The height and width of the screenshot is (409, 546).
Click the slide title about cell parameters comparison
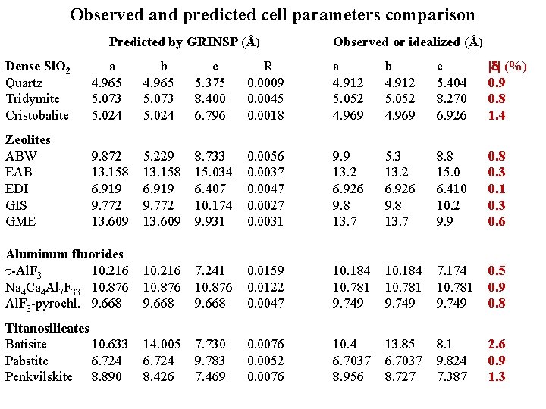click(272, 14)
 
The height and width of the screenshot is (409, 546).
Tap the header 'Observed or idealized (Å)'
click(408, 42)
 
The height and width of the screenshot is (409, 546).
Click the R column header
click(267, 66)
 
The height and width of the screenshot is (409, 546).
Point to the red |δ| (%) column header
click(507, 66)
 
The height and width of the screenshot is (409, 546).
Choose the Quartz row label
click(24, 83)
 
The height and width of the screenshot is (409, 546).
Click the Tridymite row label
click(32, 98)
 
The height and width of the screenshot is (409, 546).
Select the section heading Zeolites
click(28, 139)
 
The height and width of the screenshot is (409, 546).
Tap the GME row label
click(20, 221)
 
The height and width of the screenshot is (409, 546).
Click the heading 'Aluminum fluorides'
click(64, 254)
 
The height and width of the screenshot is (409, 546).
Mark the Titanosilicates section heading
click(47, 328)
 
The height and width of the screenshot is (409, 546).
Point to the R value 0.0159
click(267, 270)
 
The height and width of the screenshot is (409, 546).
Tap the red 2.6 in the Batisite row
click(497, 344)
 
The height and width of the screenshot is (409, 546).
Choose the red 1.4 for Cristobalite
click(497, 115)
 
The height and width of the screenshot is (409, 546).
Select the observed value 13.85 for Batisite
click(402, 344)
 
